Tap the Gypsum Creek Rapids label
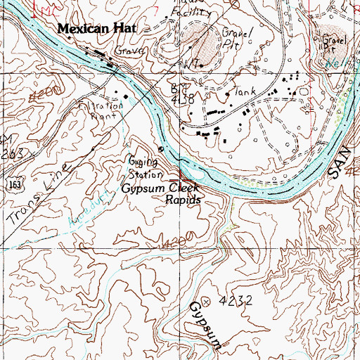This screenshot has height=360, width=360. click(160, 194)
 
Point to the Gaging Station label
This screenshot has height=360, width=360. click(146, 166)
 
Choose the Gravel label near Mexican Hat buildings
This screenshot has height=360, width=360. click(131, 52)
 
